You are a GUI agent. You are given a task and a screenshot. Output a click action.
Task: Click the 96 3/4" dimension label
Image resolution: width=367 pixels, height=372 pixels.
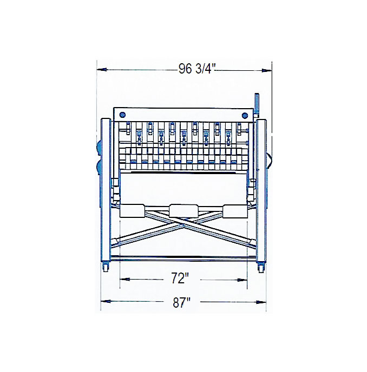point(196,69)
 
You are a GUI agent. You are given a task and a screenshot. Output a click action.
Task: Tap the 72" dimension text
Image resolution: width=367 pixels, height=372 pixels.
point(180,278)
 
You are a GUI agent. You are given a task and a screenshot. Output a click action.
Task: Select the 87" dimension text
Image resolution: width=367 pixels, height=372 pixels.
point(181,302)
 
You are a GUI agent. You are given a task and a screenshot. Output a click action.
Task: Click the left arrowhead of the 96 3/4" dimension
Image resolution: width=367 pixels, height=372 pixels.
point(101,70)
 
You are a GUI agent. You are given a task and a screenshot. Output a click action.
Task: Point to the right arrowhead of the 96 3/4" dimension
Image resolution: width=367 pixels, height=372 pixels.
point(267,70)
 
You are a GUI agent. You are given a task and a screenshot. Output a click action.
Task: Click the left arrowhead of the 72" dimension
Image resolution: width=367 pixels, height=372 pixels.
point(124,279)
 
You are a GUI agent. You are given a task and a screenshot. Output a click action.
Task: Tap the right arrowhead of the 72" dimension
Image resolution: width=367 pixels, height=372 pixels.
point(243,280)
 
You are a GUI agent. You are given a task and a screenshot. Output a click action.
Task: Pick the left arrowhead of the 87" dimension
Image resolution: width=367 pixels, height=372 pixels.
point(106,301)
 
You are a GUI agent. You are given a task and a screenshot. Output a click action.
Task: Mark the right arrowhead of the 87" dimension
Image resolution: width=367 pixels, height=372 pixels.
point(261,302)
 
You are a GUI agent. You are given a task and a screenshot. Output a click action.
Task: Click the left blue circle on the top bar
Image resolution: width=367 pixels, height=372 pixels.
point(122,115)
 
